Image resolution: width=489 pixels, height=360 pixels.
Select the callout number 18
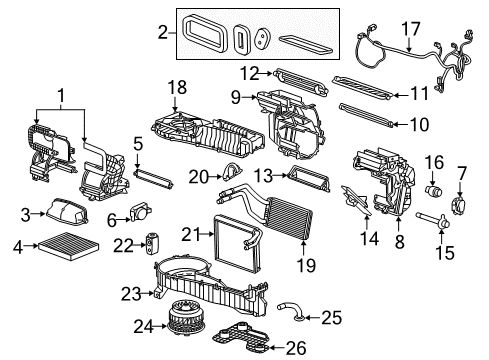[x=178, y=89]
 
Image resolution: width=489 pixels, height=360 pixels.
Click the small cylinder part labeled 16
[x=435, y=188]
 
